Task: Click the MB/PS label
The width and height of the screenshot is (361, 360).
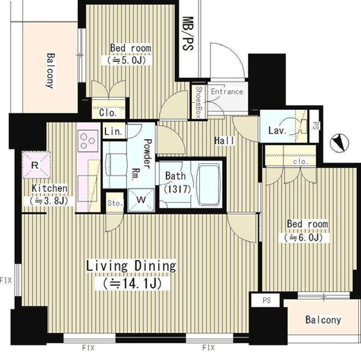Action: pos(187,33)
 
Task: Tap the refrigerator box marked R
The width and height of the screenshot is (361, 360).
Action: pos(36,165)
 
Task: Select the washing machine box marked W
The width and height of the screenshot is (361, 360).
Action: pos(141,200)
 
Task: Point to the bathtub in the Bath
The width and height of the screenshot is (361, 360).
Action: pos(209,184)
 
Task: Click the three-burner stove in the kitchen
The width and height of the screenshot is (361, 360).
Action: pos(87,140)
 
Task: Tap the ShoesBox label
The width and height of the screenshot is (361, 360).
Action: pos(199,102)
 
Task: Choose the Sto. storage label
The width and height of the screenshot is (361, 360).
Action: pos(115,203)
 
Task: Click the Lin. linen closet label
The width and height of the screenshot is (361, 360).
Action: pos(113,131)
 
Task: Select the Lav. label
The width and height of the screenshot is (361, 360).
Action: pos(278,131)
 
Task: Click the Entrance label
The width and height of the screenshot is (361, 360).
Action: pos(227,92)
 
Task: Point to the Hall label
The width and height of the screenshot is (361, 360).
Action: pos(224,140)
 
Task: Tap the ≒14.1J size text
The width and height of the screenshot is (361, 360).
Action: pos(133,283)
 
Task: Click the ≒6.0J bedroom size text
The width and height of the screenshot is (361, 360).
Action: pos(303,238)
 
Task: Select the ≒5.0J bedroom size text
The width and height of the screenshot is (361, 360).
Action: pos(126,60)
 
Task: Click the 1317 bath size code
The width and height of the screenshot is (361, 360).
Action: pos(178,189)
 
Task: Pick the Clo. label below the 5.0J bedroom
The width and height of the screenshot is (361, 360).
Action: pos(108,113)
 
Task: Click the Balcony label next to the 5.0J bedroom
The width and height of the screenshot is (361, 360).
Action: pos(51,71)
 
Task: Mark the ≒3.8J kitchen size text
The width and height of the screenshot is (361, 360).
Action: pos(49,201)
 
